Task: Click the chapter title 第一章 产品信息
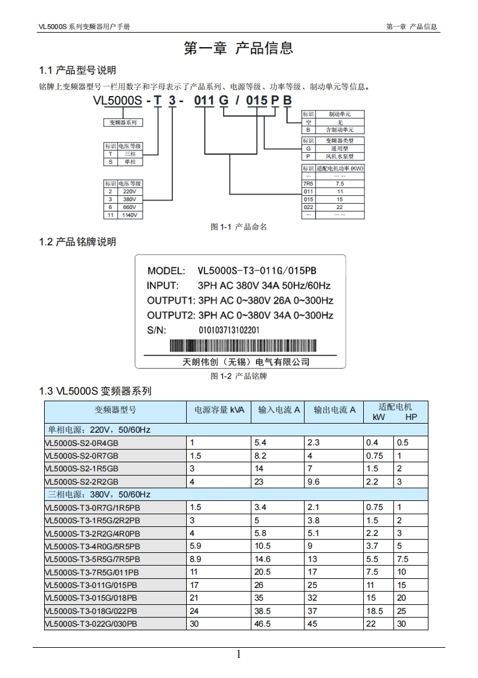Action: [x=239, y=48]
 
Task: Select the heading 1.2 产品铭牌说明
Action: [x=77, y=242]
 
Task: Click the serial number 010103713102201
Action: [x=229, y=331]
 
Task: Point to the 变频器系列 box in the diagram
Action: [x=123, y=122]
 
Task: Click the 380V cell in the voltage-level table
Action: [x=129, y=199]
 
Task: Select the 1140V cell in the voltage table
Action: [x=129, y=215]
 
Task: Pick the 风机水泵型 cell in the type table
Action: [x=340, y=156]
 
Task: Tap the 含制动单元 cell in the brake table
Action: [x=340, y=130]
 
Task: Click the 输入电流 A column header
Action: [x=279, y=410]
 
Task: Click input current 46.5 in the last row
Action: [x=263, y=624]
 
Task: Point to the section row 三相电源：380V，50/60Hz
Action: [x=99, y=494]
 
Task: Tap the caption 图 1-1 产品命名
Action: [x=239, y=227]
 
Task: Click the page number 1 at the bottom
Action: [x=239, y=654]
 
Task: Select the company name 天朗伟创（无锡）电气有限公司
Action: [x=246, y=362]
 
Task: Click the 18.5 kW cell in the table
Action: [x=375, y=611]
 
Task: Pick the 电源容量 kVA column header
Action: [x=219, y=410]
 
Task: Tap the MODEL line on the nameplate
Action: [x=232, y=271]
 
